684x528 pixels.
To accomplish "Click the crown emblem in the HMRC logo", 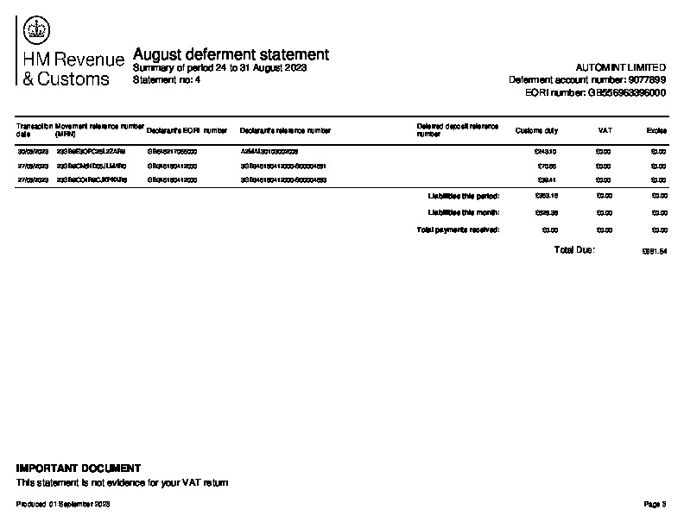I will click(37, 30).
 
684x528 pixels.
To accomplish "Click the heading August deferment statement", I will click(231, 54).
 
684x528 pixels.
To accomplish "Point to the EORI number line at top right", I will click(595, 92).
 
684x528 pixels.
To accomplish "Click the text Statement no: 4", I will click(167, 79).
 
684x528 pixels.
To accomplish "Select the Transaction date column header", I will click(34, 130).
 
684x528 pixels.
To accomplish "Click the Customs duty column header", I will click(536, 131).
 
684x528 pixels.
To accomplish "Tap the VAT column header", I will click(605, 131).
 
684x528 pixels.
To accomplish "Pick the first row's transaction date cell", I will click(33, 152).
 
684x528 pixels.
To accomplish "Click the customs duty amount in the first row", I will click(547, 152).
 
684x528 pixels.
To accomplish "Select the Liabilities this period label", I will click(464, 196).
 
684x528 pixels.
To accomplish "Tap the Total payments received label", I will click(458, 230).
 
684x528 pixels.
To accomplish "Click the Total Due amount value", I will click(654, 252).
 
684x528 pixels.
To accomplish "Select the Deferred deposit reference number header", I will click(457, 130).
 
